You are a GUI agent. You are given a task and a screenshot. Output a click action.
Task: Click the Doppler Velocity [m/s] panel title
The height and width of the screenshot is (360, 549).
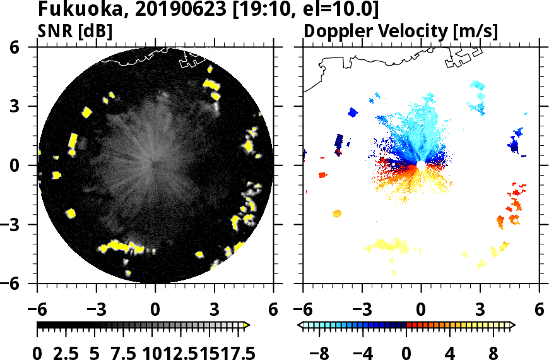pyautogui.click(x=401, y=31)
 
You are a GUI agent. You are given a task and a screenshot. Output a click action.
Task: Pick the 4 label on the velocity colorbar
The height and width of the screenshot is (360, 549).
pyautogui.click(x=450, y=352)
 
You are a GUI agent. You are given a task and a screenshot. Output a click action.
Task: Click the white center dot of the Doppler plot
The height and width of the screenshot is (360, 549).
pyautogui.click(x=420, y=165)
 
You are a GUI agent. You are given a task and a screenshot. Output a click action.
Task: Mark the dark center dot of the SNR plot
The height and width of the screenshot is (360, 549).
pyautogui.click(x=155, y=165)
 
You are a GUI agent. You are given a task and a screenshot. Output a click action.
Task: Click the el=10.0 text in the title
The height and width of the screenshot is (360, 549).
pyautogui.click(x=348, y=10)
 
